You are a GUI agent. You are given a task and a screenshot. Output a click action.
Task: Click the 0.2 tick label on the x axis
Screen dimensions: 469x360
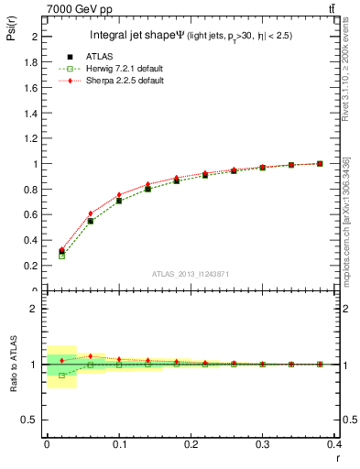(191, 445)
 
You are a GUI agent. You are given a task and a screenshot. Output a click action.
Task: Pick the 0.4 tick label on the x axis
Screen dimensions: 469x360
(333, 445)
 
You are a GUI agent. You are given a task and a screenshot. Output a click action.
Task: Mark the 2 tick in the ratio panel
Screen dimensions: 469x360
(37, 309)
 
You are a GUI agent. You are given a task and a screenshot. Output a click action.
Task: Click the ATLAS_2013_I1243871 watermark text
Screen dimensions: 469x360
(189, 274)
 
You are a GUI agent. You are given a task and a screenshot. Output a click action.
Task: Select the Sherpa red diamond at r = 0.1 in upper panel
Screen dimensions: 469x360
(119, 195)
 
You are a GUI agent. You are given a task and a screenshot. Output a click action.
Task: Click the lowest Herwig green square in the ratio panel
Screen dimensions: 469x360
(61, 376)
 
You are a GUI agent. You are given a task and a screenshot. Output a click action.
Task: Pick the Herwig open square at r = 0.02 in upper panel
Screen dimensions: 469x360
(61, 256)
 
